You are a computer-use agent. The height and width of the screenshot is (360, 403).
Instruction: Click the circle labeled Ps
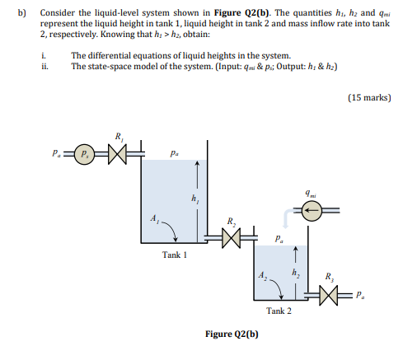pos(84,152)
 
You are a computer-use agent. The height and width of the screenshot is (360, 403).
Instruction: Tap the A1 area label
pos(155,217)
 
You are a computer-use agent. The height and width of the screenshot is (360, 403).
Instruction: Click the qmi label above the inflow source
pos(310,194)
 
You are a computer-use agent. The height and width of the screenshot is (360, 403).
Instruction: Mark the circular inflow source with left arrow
pos(311,210)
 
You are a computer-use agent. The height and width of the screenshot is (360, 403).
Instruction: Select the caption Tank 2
pos(278,311)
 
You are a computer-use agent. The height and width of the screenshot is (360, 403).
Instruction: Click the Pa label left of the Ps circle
pos(54,152)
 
